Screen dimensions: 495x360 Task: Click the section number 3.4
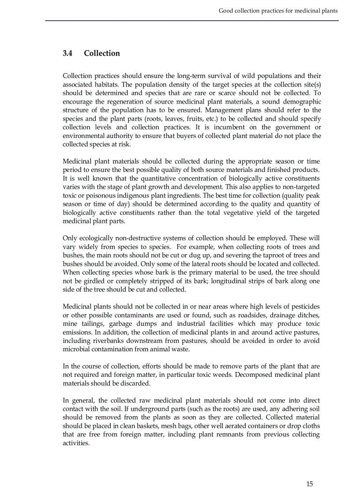coord(67,53)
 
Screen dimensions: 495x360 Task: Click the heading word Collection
coord(102,53)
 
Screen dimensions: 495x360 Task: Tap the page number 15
coord(309,484)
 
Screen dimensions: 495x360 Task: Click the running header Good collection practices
coord(278,11)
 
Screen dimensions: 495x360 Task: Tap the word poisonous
coord(91,195)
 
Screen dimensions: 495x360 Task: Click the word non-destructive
coord(131,238)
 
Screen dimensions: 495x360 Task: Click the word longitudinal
coord(234,281)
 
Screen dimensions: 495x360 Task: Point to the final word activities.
coord(76,443)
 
